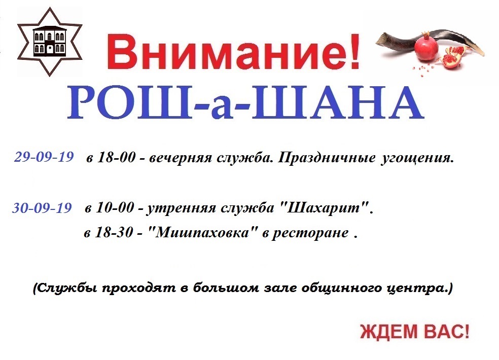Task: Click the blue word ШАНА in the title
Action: tap(338, 103)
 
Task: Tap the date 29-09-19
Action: tap(44, 157)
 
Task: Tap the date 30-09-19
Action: tap(42, 208)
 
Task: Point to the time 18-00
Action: tap(117, 157)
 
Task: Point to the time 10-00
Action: tap(115, 208)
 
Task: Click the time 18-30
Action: tap(114, 232)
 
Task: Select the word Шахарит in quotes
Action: tap(325, 208)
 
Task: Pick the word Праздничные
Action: tap(327, 158)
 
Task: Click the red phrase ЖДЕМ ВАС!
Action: tap(415, 332)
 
